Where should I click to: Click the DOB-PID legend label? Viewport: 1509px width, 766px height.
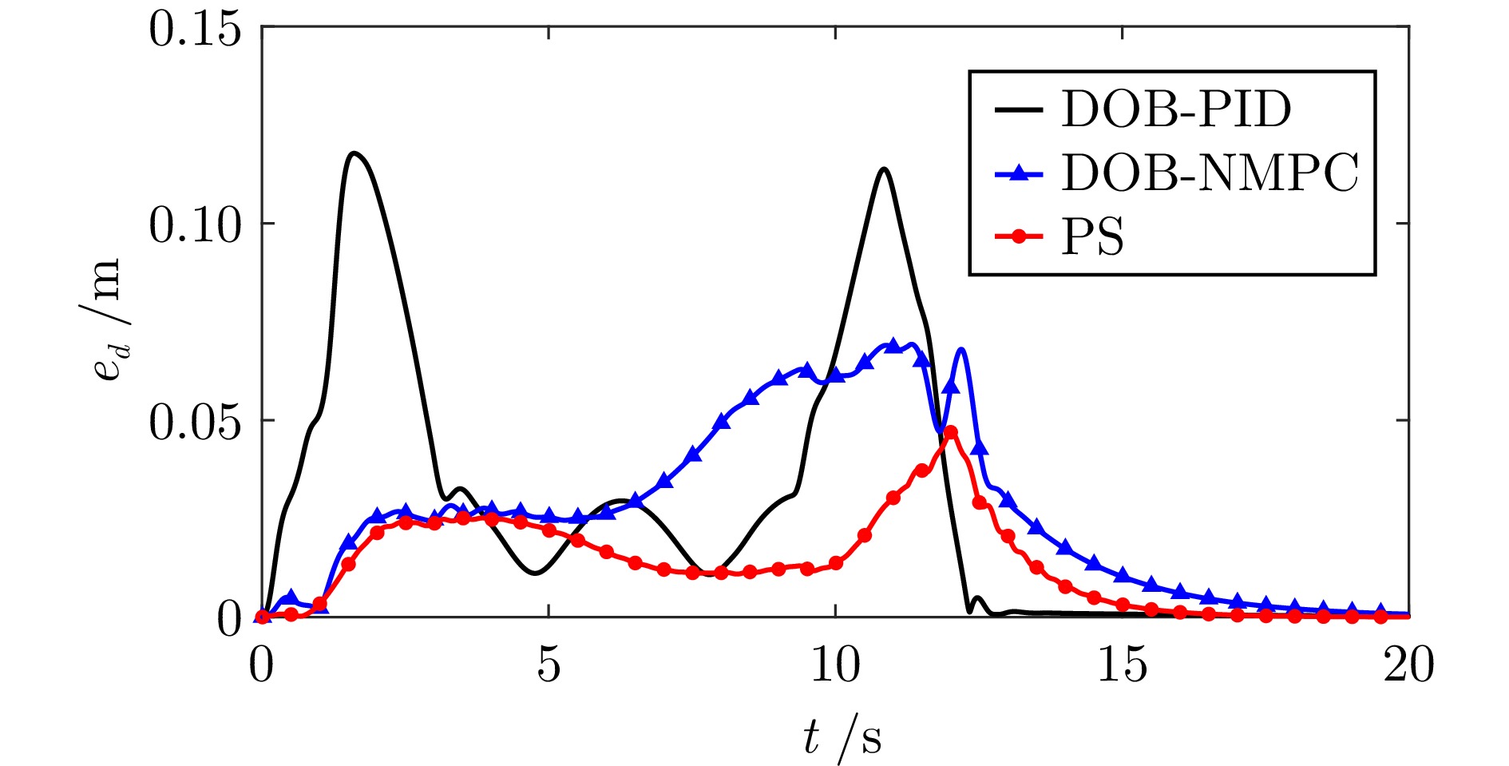(x=1175, y=109)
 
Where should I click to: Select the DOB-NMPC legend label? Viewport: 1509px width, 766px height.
(x=1209, y=173)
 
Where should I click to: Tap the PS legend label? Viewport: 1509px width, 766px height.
(x=1092, y=237)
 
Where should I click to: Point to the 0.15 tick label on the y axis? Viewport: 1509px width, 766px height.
(x=195, y=30)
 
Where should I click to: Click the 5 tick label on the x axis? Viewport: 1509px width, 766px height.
(x=549, y=665)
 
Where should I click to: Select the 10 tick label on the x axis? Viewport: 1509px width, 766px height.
(x=835, y=665)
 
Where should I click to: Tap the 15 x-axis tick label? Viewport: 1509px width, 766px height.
(x=1122, y=665)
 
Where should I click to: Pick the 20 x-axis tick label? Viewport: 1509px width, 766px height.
(x=1408, y=665)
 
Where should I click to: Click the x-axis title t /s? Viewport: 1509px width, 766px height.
(x=842, y=736)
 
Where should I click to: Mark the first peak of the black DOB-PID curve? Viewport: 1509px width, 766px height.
(x=354, y=153)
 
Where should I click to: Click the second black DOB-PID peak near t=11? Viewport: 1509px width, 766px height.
(x=883, y=169)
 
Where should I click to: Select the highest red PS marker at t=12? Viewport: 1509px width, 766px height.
(x=950, y=432)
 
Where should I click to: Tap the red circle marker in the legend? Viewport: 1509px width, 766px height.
(x=1019, y=236)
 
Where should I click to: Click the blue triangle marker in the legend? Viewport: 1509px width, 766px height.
(x=1019, y=173)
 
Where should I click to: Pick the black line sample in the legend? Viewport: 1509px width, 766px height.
(x=1019, y=109)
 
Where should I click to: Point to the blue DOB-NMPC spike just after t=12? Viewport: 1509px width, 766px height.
(x=962, y=349)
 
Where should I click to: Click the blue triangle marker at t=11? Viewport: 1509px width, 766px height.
(x=893, y=345)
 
